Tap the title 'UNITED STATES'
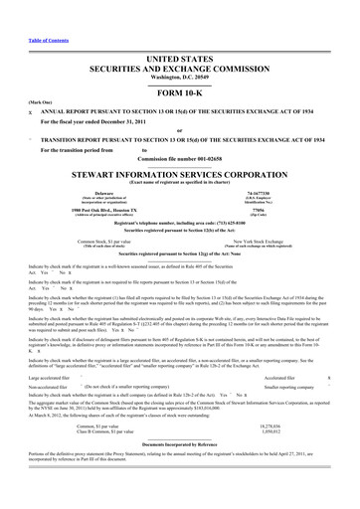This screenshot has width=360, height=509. click(180, 34)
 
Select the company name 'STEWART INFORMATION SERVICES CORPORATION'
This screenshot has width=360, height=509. click(179, 170)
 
